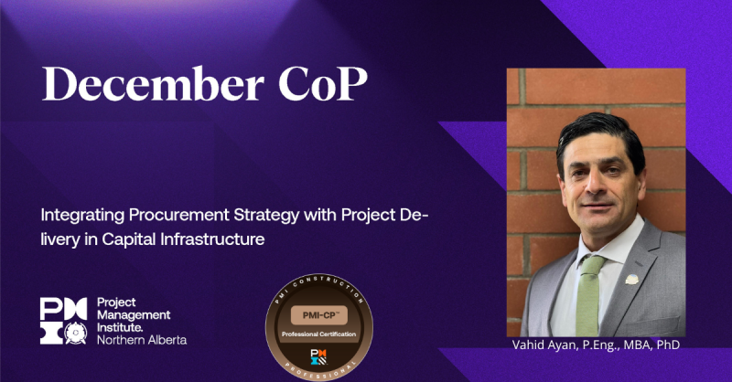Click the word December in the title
tap(134, 86)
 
